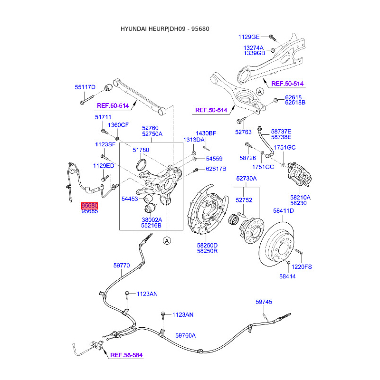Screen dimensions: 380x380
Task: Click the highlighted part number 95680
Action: [x=89, y=205]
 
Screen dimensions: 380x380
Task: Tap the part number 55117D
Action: [x=85, y=87]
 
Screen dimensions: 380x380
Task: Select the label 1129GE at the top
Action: [x=249, y=37]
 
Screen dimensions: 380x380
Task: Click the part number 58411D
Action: [x=283, y=211]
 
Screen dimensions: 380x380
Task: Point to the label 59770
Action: [x=121, y=266]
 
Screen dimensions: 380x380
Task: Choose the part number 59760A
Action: [x=185, y=335]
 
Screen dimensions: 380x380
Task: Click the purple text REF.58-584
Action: [x=126, y=355]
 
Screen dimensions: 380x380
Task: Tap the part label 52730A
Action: [x=247, y=179]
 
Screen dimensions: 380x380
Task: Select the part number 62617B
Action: [x=216, y=169]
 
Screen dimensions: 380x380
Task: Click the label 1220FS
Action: [x=302, y=266]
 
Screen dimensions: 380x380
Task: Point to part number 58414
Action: [x=287, y=276]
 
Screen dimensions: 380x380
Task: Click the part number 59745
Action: [x=264, y=302]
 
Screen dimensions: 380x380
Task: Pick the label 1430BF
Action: [x=206, y=133]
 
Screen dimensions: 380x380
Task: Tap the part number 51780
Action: [x=141, y=150]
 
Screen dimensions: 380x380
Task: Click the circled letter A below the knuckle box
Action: [x=167, y=241]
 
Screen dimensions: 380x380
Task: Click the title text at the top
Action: [x=165, y=29]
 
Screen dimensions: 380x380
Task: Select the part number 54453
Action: [x=130, y=199]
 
